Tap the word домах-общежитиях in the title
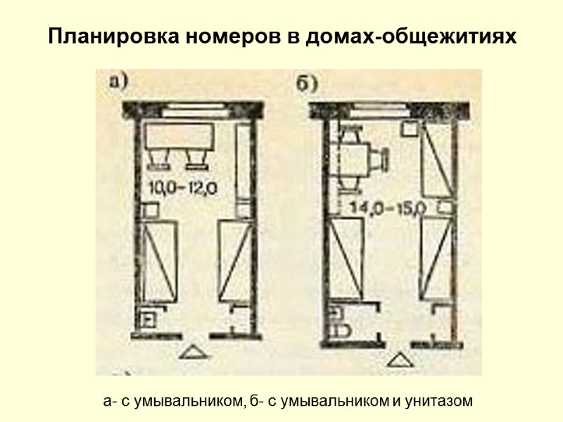pos(411,37)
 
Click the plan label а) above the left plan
pos(119,82)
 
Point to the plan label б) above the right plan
pos(305,84)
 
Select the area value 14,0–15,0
pos(386,207)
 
